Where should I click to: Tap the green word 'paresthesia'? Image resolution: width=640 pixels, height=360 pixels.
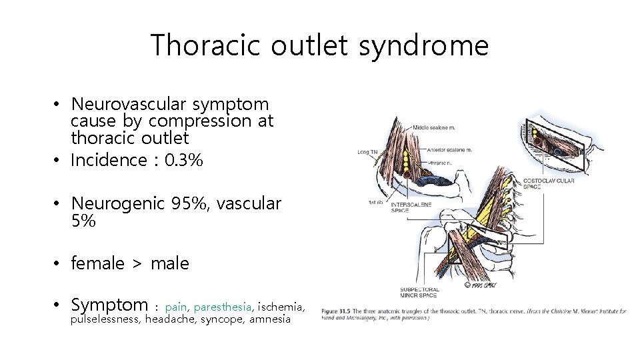[223, 307]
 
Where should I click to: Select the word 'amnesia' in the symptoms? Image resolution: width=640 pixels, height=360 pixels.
[270, 319]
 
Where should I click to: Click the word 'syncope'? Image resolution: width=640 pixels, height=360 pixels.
[222, 319]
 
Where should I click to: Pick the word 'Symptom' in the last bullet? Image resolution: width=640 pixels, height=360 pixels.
[109, 305]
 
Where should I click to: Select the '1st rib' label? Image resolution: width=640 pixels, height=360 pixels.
[375, 202]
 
